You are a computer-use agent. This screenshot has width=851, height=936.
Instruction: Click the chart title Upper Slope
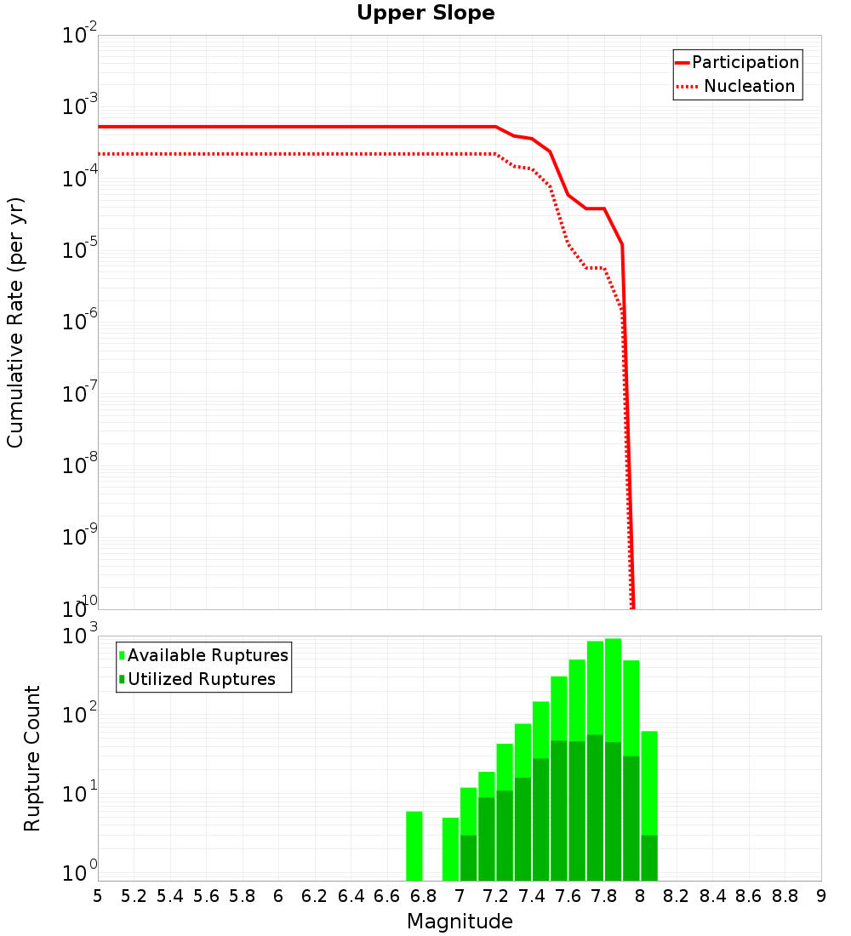click(425, 13)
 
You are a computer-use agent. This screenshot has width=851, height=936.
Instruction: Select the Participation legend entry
click(737, 63)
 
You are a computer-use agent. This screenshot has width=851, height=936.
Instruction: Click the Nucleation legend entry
click(737, 87)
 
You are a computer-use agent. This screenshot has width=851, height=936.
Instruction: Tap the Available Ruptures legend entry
click(204, 656)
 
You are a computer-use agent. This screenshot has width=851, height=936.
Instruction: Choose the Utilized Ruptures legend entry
click(197, 680)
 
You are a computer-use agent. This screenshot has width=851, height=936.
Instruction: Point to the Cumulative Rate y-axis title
click(15, 322)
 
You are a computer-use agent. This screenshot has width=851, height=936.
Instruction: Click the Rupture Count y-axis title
click(32, 758)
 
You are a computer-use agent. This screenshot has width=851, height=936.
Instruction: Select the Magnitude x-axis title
click(460, 922)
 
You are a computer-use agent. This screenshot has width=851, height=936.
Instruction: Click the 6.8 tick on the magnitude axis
click(423, 896)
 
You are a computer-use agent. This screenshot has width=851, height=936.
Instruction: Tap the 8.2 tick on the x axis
click(677, 896)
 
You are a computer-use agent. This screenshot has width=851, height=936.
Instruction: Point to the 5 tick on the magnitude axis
click(98, 896)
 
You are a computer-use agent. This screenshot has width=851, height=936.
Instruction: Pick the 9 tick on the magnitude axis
click(821, 896)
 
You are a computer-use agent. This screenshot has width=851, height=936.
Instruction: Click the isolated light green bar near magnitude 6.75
click(414, 847)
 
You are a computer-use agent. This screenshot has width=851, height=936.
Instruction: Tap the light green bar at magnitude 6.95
click(450, 849)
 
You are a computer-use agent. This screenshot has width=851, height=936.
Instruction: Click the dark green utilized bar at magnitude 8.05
click(649, 859)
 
